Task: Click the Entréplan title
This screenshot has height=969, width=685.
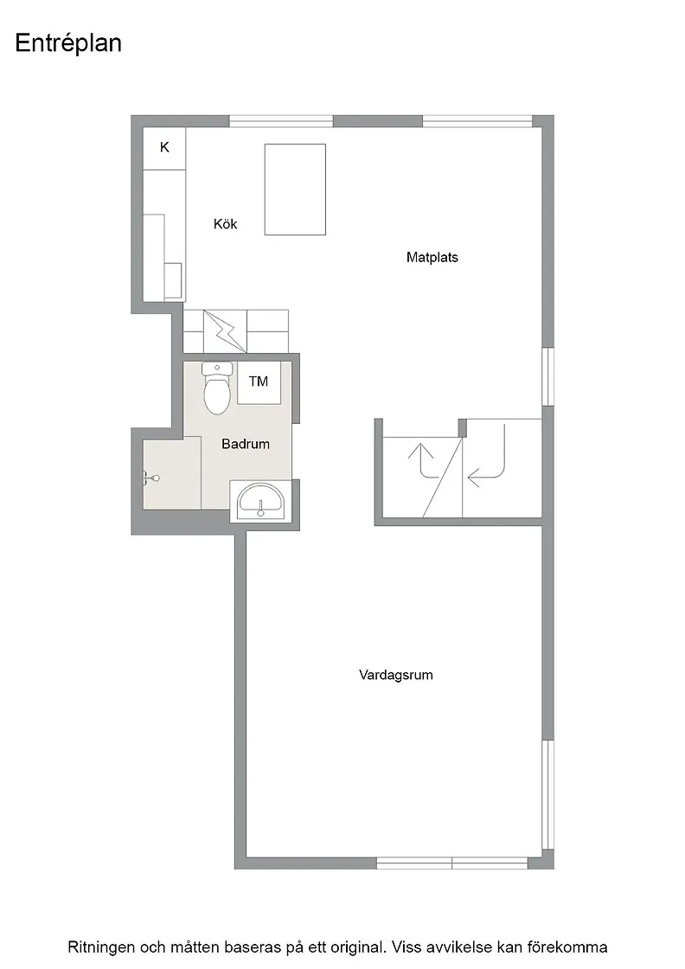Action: coord(68,44)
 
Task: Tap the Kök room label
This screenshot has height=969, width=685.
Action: coord(226,224)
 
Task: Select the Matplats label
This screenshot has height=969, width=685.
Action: coord(432,257)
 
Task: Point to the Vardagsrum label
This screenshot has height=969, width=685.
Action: coord(396,675)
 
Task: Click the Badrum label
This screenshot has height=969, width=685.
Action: coord(246,444)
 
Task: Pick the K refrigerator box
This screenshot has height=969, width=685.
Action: coord(164,148)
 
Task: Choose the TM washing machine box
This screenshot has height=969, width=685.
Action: coord(259,382)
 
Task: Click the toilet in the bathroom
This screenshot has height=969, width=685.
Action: coord(216,388)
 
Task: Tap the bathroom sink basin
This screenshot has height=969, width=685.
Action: coord(262,501)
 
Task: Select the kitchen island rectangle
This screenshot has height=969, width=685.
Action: coord(295,189)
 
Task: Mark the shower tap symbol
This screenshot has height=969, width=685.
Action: coord(150,478)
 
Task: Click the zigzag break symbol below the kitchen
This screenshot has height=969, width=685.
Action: coord(224,330)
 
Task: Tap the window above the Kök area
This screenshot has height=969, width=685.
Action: coord(281,121)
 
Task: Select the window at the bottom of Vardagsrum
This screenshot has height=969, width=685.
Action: coord(452,863)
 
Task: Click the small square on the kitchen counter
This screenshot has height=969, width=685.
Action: coord(174,282)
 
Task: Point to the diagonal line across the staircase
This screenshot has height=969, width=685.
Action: coord(443,478)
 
